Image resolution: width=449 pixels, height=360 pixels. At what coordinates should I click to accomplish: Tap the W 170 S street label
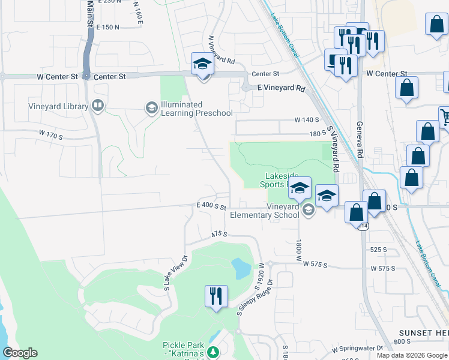pyautogui.click(x=50, y=136)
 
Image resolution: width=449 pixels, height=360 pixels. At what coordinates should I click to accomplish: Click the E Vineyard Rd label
pyautogui.click(x=281, y=88)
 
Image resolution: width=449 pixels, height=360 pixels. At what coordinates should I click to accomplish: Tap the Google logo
pyautogui.click(x=20, y=353)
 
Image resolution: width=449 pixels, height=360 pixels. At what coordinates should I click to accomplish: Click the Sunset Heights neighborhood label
pyautogui.click(x=424, y=332)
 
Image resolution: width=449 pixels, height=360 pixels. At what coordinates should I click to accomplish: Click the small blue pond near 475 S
pyautogui.click(x=240, y=268)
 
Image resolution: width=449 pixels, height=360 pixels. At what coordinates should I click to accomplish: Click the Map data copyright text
pyautogui.click(x=411, y=355)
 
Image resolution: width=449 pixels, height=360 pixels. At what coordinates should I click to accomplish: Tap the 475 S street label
pyautogui.click(x=218, y=234)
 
